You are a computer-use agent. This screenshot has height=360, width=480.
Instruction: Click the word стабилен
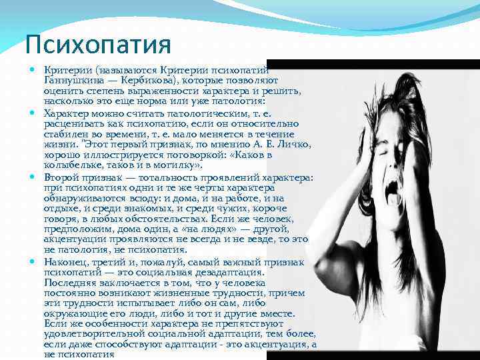pos(65,134)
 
